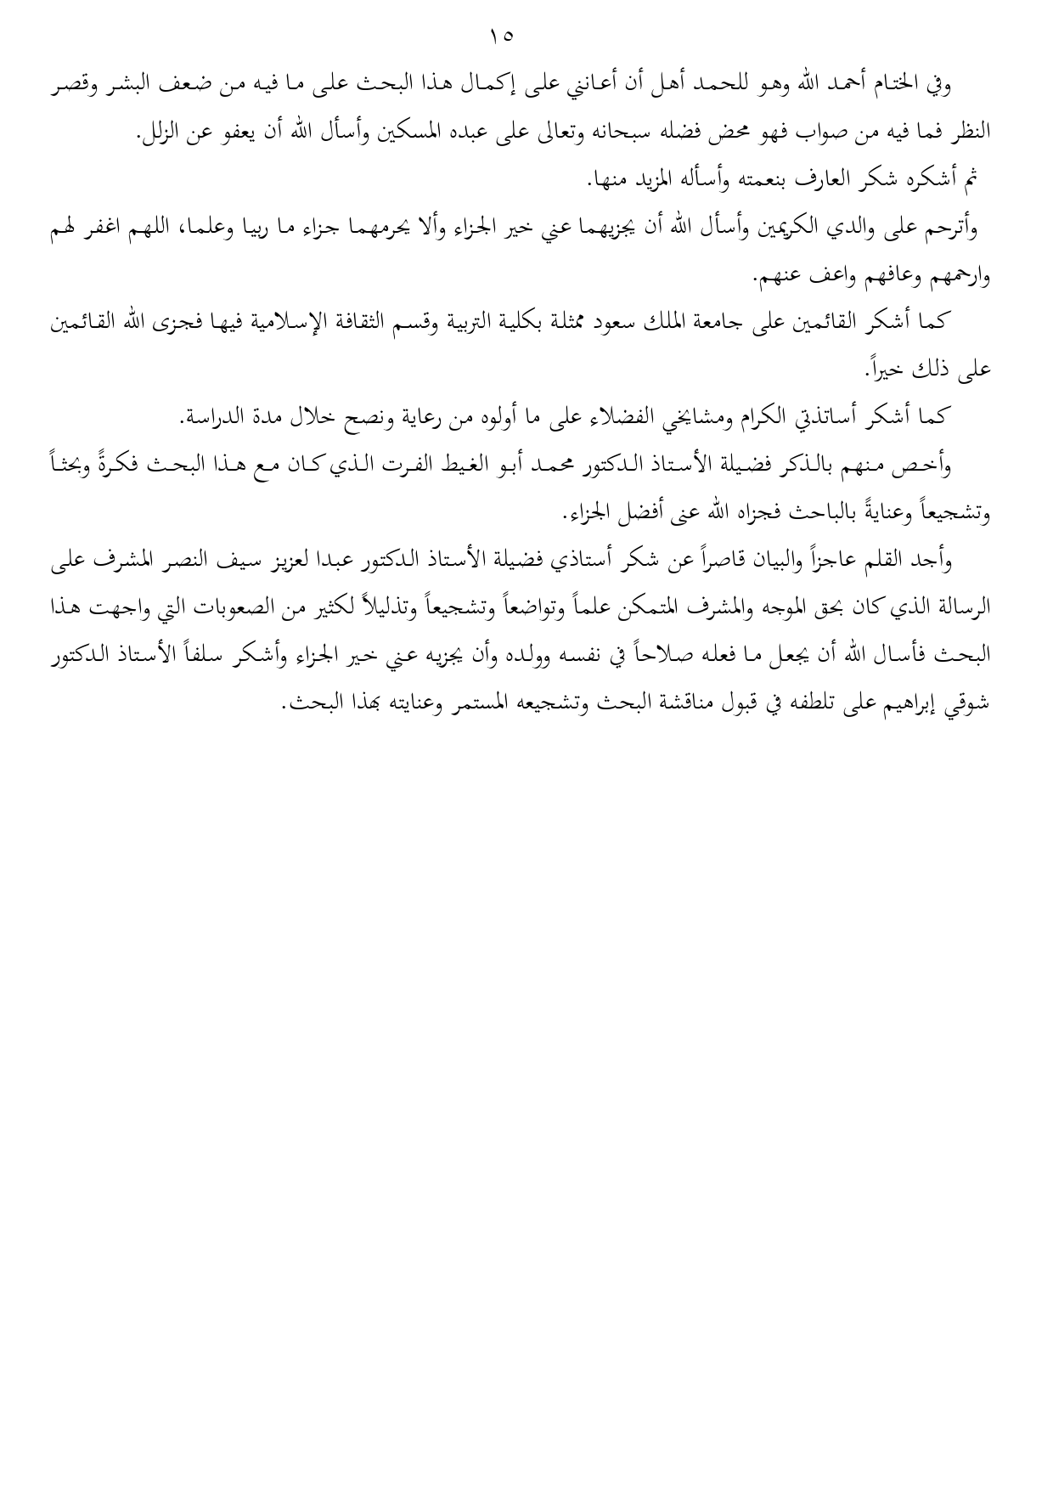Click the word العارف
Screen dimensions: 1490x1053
[849, 180]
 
